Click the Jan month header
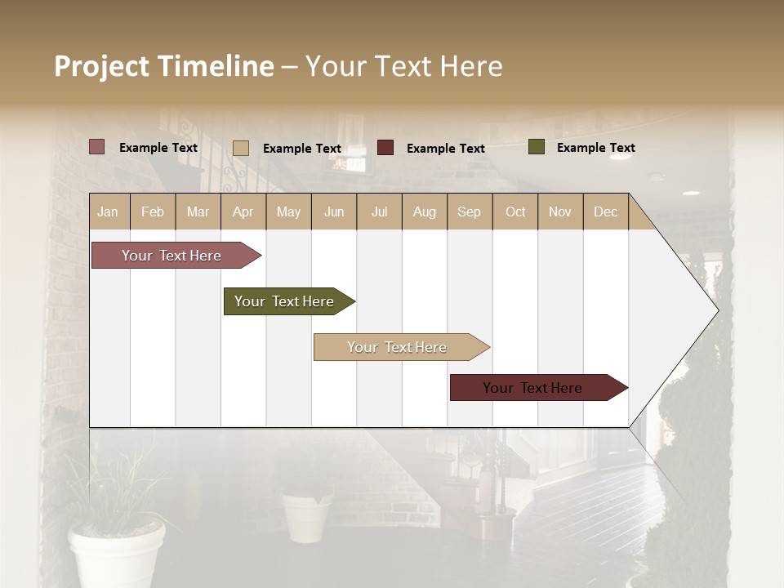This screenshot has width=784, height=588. [x=108, y=212]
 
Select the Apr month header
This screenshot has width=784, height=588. [x=243, y=212]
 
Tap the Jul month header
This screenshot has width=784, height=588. [x=379, y=212]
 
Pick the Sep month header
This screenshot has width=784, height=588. [x=469, y=212]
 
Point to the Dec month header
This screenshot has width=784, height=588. [x=605, y=212]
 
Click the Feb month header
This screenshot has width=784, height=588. [x=153, y=212]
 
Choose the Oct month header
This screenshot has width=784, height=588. [x=515, y=212]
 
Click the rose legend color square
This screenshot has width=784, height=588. [x=97, y=147]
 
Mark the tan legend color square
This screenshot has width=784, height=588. [x=241, y=148]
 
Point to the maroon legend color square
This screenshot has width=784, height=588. [x=385, y=148]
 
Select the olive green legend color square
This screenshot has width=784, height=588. [x=536, y=147]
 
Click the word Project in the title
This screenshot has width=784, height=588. [x=102, y=66]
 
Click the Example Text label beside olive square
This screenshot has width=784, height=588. [x=595, y=148]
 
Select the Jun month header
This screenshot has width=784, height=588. [x=334, y=212]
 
